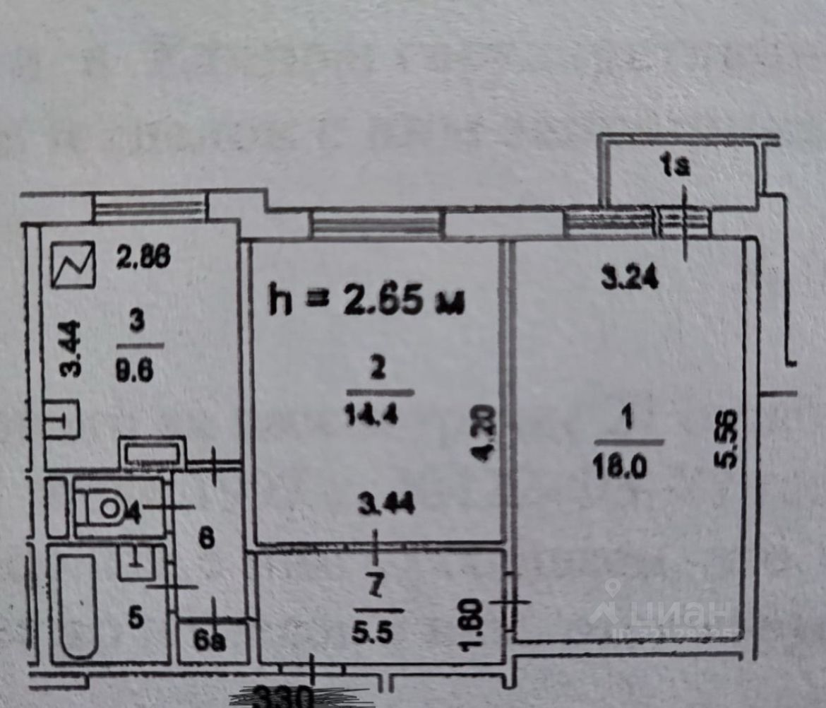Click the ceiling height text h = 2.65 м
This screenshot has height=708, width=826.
[x=366, y=300]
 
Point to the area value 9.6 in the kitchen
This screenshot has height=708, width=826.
[x=137, y=372]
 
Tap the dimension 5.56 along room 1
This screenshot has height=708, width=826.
[x=728, y=440]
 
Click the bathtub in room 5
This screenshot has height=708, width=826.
[x=78, y=605]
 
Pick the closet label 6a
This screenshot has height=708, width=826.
[x=210, y=643]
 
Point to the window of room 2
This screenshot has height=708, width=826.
[x=375, y=225]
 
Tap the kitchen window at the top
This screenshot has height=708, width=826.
[x=149, y=208]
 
